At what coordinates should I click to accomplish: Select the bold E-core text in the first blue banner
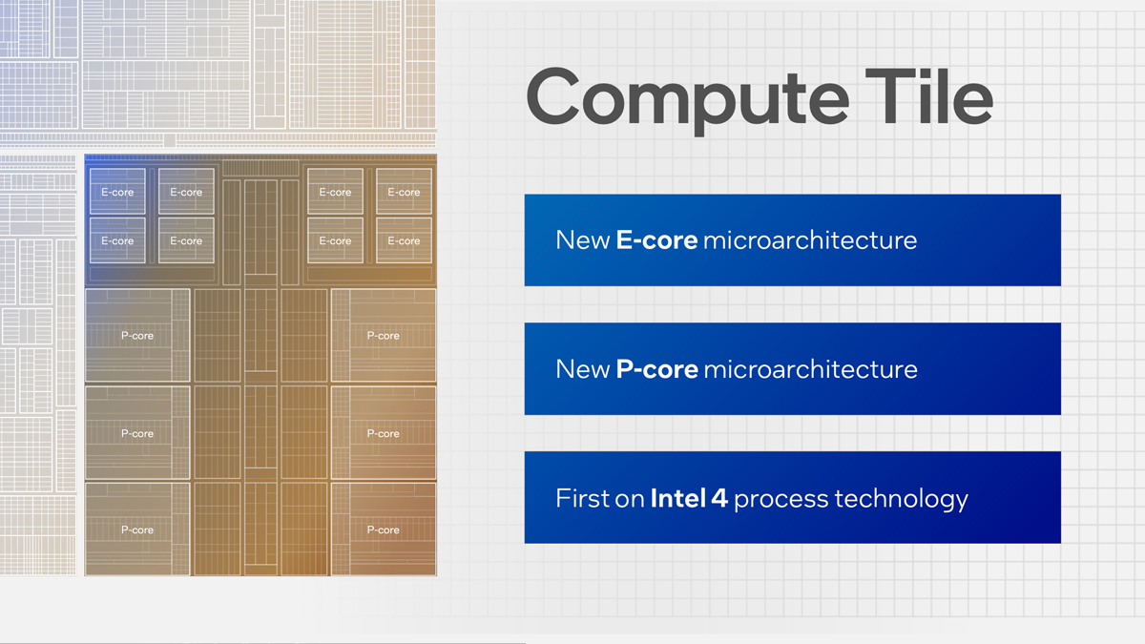tap(656, 239)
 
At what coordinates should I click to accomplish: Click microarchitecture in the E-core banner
tap(809, 239)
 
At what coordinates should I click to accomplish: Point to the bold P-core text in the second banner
tap(656, 369)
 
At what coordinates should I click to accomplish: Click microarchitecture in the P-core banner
tap(810, 369)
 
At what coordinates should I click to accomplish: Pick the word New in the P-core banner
tap(582, 369)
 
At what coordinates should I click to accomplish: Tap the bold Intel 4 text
tap(689, 498)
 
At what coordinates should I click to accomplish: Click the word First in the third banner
tap(584, 498)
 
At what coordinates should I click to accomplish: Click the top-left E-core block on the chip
tap(117, 192)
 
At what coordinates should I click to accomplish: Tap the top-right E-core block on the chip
tap(404, 192)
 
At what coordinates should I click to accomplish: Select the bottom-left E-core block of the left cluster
tap(117, 241)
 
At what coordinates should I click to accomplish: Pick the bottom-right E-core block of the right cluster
tap(404, 241)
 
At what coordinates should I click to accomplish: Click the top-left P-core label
tap(136, 336)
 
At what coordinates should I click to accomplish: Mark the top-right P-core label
tap(383, 336)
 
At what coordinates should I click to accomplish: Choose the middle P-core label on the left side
tap(136, 434)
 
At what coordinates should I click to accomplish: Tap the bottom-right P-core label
tap(383, 530)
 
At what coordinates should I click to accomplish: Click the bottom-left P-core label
tap(136, 530)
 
